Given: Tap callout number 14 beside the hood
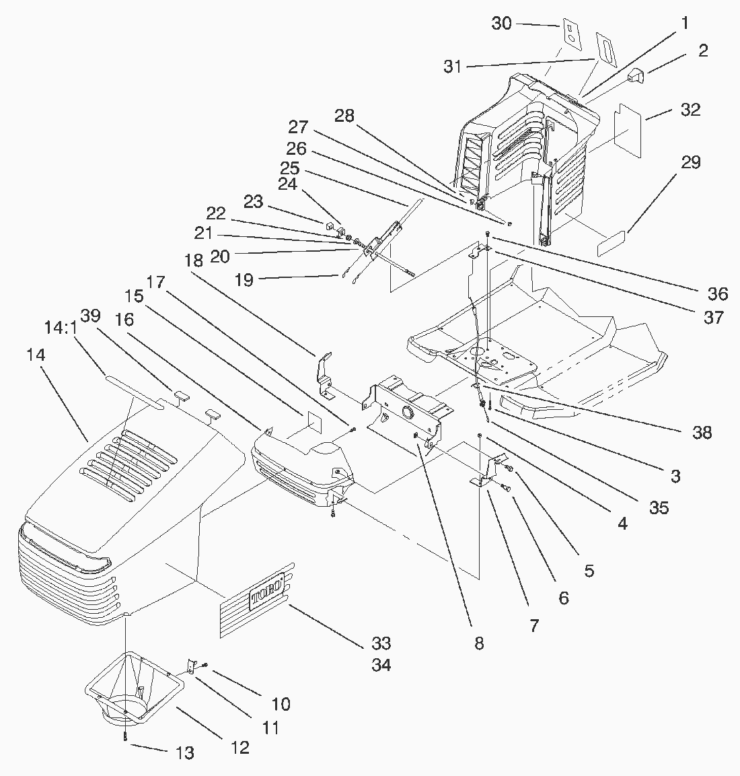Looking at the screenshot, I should [x=36, y=355].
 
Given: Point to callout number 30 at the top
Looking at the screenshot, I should [x=501, y=24].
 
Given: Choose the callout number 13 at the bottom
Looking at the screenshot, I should [x=184, y=752].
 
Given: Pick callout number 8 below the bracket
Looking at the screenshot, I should [x=479, y=643].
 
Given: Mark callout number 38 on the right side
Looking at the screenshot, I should [x=702, y=432].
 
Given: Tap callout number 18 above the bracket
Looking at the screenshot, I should [x=194, y=260].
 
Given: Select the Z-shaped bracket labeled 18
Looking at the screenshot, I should [x=326, y=375].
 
